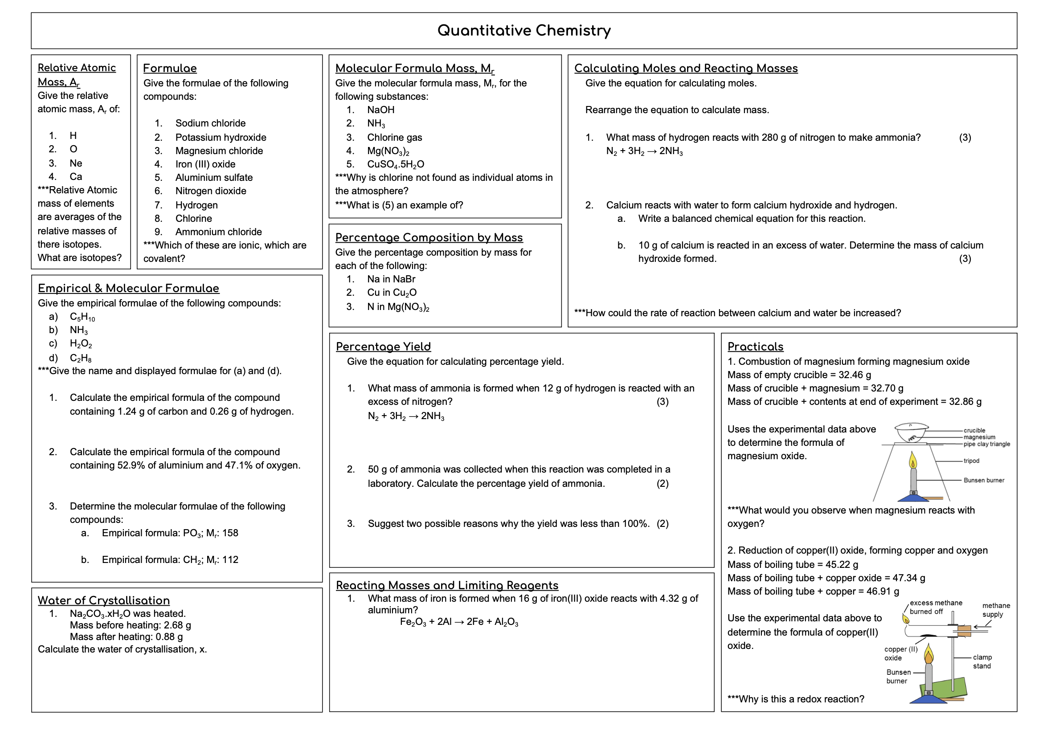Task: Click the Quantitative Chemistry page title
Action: point(523,31)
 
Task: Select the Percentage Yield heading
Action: point(383,347)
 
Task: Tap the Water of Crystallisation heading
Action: point(103,600)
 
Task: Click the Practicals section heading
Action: point(755,347)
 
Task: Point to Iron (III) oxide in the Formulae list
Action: point(205,164)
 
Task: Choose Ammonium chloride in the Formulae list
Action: point(218,232)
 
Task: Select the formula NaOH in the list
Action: point(381,110)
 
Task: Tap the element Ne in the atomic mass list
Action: point(76,163)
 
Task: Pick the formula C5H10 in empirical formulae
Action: point(82,317)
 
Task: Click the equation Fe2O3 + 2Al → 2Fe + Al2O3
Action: point(459,622)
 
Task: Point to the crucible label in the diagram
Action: point(974,430)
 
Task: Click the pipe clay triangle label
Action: point(986,444)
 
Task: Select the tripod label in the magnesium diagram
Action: point(971,461)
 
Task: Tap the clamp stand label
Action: point(982,661)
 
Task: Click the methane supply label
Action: point(995,610)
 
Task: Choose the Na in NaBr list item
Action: point(391,279)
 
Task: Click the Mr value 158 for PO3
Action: point(230,533)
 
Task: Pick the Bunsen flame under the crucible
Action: point(912,461)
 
